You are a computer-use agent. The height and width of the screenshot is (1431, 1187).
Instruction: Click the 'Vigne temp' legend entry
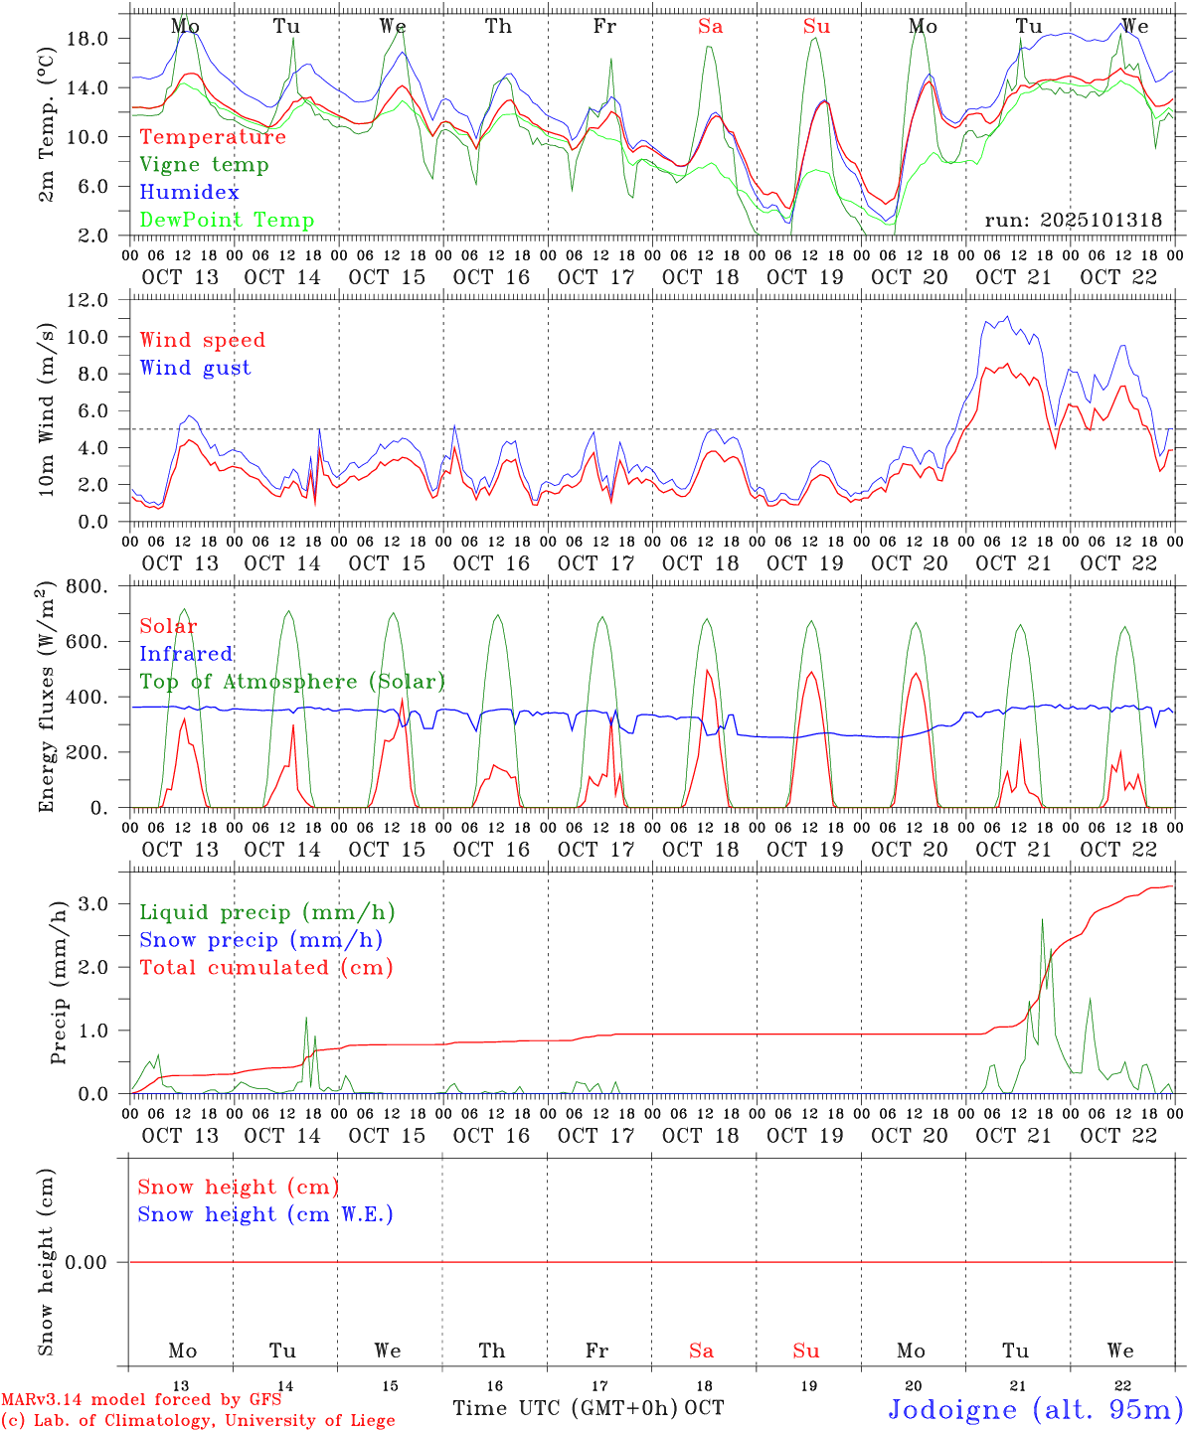[204, 165]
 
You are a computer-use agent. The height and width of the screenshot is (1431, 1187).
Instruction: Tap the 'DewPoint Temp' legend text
[227, 221]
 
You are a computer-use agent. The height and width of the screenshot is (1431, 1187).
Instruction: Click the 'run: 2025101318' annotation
[1073, 221]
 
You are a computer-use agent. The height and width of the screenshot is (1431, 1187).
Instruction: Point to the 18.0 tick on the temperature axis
[86, 39]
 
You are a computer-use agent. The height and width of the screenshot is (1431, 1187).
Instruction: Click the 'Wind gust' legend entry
[195, 368]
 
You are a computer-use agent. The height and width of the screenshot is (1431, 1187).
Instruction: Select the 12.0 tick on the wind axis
[86, 300]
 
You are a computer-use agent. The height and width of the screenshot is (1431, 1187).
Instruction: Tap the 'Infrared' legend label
[186, 654]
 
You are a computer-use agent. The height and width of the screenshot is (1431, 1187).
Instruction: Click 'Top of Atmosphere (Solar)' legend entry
[292, 682]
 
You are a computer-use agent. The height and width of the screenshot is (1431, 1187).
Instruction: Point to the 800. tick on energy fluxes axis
[86, 586]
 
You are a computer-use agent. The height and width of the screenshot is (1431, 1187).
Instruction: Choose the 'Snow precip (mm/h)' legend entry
[260, 940]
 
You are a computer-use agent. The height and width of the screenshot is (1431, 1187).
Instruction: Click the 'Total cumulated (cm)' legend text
[265, 968]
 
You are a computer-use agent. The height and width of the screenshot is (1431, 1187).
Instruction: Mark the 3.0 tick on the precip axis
[91, 903]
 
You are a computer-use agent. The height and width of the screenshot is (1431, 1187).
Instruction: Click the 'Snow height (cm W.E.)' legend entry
[265, 1214]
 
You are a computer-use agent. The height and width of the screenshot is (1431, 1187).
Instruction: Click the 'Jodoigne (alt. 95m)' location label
[1035, 1410]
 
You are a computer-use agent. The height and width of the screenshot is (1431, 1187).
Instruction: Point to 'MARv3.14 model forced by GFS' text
[141, 1399]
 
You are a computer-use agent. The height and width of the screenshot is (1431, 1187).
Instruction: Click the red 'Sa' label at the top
[710, 27]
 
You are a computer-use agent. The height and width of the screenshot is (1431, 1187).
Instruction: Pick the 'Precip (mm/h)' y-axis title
[59, 983]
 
